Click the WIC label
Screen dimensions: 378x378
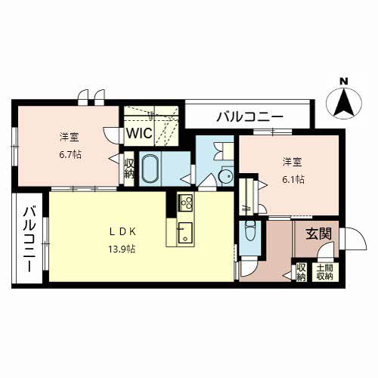[x=139, y=133]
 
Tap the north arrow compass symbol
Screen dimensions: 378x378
[x=344, y=104]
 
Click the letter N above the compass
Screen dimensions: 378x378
[x=344, y=81]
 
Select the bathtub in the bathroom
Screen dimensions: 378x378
[x=150, y=169]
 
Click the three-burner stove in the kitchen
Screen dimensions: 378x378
[x=186, y=203]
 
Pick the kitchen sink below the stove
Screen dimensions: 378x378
[x=185, y=233]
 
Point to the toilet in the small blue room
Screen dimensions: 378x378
[x=249, y=231]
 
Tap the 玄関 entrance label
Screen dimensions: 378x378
[x=318, y=234]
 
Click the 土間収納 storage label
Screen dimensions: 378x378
[x=324, y=272]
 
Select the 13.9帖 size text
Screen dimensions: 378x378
[x=122, y=249]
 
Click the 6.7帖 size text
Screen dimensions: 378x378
[x=70, y=154]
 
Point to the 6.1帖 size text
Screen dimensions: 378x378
[x=293, y=179]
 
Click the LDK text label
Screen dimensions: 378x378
[x=122, y=232]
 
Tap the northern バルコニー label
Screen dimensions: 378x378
[x=249, y=116]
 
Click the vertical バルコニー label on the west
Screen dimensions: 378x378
[x=29, y=239]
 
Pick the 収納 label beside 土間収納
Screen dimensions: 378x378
[x=301, y=272]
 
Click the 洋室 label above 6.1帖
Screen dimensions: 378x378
[x=293, y=162]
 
